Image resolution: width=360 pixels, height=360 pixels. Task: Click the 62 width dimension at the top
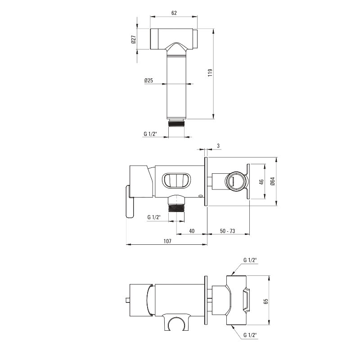click(x=174, y=13)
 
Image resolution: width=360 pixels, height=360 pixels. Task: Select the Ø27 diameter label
click(x=133, y=39)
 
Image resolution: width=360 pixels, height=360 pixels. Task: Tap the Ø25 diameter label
click(x=148, y=81)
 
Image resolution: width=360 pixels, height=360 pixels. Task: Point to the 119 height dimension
click(x=210, y=72)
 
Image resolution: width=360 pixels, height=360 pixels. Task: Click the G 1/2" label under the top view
click(x=150, y=134)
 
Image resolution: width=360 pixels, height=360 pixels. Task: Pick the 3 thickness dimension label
click(x=218, y=145)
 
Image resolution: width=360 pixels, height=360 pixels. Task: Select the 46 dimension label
click(x=261, y=182)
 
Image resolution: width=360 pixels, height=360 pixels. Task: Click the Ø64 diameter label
click(x=273, y=181)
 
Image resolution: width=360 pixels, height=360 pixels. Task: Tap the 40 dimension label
click(x=192, y=231)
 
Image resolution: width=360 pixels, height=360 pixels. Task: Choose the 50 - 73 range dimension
click(x=228, y=231)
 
